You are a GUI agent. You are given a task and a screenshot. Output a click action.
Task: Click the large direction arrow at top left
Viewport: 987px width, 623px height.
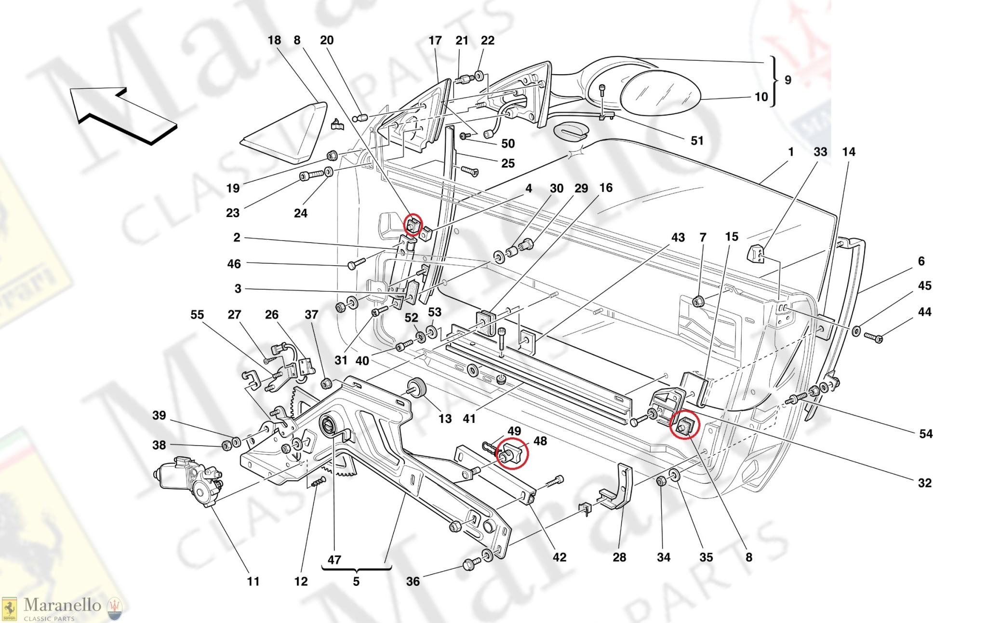pyautogui.click(x=123, y=114)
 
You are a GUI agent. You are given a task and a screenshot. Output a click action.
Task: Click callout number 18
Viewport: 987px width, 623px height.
pyautogui.click(x=274, y=41)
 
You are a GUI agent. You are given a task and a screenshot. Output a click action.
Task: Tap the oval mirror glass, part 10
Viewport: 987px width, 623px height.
pyautogui.click(x=659, y=93)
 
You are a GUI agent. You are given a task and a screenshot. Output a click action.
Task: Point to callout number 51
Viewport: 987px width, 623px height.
pyautogui.click(x=697, y=141)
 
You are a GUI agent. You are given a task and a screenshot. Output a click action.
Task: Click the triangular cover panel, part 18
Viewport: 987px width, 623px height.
pyautogui.click(x=284, y=135)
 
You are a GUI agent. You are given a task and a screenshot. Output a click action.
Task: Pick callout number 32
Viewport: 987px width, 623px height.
pyautogui.click(x=924, y=483)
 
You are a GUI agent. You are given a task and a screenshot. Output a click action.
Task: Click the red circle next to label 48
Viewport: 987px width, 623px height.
pyautogui.click(x=513, y=453)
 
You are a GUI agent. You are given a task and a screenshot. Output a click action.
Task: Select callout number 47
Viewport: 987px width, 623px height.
pyautogui.click(x=334, y=560)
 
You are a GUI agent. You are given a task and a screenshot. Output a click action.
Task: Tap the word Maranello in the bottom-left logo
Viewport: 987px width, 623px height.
pyautogui.click(x=62, y=605)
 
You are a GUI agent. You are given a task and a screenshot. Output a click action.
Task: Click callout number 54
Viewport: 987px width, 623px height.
pyautogui.click(x=926, y=434)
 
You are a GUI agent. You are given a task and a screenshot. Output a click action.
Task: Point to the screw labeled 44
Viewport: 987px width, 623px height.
pyautogui.click(x=873, y=337)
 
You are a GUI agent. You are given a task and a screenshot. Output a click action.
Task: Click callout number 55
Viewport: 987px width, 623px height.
pyautogui.click(x=197, y=315)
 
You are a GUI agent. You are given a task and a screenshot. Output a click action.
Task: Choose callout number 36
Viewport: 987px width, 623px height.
pyautogui.click(x=413, y=582)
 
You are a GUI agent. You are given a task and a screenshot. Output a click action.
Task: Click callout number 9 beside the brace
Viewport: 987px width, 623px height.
pyautogui.click(x=788, y=80)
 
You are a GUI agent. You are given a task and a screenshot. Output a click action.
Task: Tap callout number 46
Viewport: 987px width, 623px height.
pyautogui.click(x=234, y=264)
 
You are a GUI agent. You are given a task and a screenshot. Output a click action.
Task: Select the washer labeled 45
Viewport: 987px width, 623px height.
pyautogui.click(x=856, y=331)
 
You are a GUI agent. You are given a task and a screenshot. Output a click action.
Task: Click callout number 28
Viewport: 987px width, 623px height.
pyautogui.click(x=619, y=557)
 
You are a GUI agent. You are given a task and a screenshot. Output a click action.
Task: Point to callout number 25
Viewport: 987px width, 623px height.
pyautogui.click(x=508, y=163)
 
